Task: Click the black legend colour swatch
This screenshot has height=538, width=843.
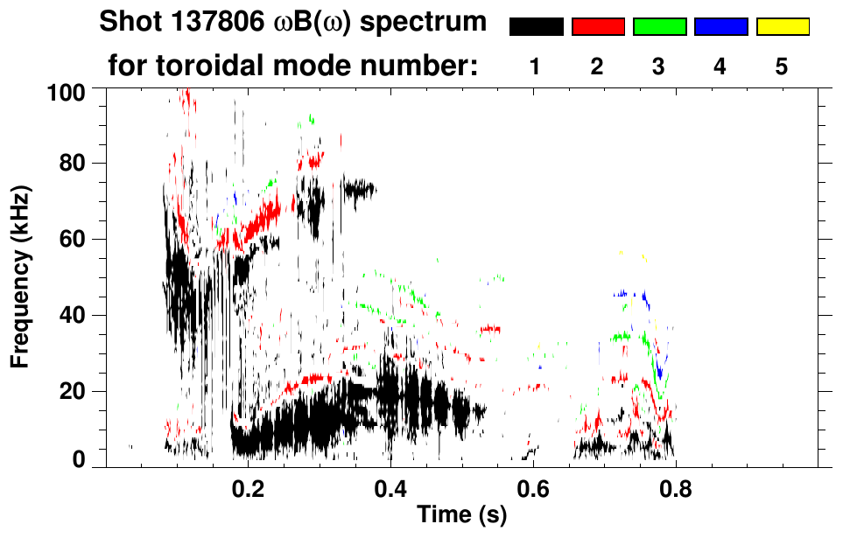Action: [x=536, y=27]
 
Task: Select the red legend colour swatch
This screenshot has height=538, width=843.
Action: [x=598, y=27]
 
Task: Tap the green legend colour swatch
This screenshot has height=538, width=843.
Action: [x=659, y=27]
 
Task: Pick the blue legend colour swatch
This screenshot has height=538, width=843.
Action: [x=720, y=27]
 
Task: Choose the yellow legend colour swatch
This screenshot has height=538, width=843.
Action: [x=783, y=27]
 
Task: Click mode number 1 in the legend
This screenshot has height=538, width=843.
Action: [x=536, y=66]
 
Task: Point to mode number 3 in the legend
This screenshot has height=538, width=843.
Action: [x=659, y=66]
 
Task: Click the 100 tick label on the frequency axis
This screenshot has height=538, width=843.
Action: [x=67, y=90]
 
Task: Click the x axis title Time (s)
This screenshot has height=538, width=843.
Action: [x=461, y=515]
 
